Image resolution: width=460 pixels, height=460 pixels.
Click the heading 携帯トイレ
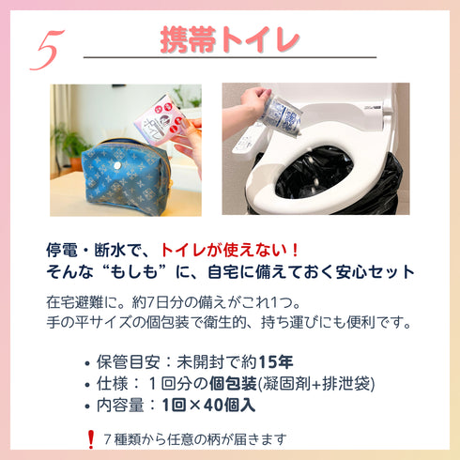pos(229,38)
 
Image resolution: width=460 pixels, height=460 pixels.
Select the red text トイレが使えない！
pos(229,250)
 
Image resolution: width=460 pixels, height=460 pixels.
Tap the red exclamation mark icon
pos(90,438)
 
